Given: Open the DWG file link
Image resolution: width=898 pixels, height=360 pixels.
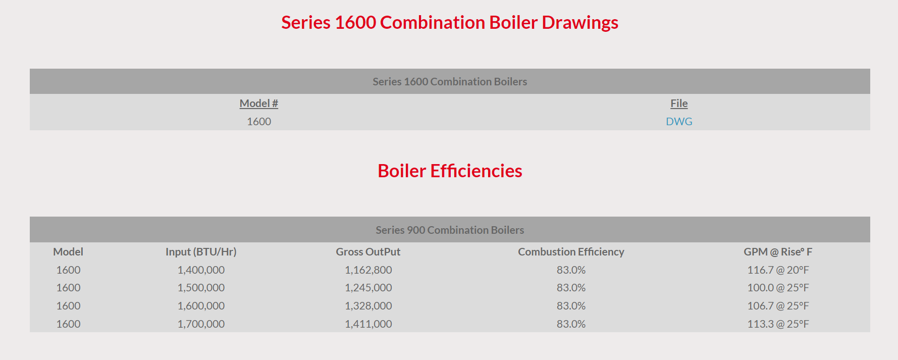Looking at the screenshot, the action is tap(679, 122).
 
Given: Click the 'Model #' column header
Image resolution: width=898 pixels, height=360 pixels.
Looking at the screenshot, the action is tap(259, 104).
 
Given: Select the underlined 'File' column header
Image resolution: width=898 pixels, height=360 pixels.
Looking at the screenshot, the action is tap(679, 104).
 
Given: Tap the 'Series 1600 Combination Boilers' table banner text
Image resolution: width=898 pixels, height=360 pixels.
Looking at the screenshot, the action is tap(450, 82).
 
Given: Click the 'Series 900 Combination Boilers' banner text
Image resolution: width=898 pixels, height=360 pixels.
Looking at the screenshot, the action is tap(450, 230).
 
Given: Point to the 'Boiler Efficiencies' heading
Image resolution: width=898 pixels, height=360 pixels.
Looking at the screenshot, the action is tap(450, 171).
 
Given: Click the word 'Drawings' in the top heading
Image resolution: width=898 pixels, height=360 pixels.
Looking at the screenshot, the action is tap(580, 23).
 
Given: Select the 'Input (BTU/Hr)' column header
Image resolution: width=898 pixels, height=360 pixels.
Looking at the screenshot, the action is tap(201, 252).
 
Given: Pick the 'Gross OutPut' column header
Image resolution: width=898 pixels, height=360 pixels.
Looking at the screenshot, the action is tap(368, 252).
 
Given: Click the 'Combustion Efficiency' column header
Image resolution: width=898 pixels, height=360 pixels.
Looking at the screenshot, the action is tap(571, 252).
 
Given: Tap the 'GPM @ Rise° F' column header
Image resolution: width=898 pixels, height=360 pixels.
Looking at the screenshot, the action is tap(778, 252).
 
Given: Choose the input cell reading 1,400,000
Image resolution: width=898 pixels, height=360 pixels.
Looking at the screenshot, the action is tap(201, 270).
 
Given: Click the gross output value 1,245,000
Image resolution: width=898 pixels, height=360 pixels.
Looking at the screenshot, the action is tap(368, 288).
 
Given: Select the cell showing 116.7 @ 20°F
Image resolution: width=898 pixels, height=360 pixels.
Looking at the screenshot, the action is tap(778, 270).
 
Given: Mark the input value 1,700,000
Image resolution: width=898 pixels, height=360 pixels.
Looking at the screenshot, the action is tap(201, 324).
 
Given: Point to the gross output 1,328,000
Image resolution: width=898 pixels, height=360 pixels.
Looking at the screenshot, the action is tap(368, 306).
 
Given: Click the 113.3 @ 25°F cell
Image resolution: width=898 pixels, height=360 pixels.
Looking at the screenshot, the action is tap(778, 324).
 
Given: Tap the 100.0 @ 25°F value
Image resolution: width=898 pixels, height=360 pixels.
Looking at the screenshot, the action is tap(778, 288).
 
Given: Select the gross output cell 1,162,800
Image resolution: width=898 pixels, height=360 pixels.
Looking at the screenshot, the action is tap(368, 270).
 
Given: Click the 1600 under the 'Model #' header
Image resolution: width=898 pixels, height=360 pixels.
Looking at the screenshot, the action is tap(259, 122).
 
